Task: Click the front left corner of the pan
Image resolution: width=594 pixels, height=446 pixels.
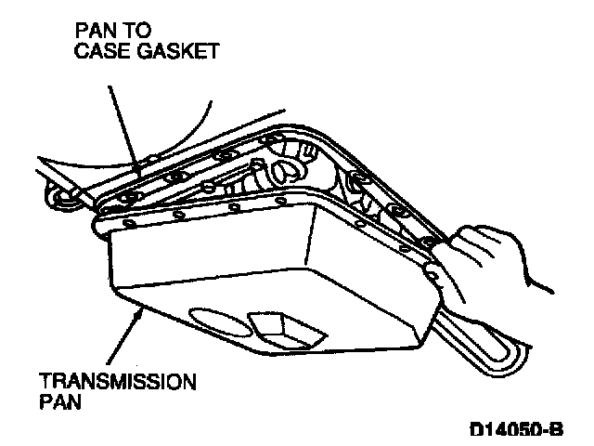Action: click(x=111, y=243)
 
